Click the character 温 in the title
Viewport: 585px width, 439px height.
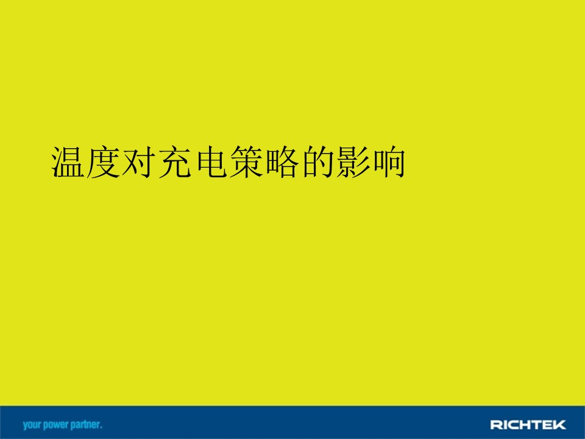[67, 162]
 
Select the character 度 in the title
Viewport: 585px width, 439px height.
[102, 162]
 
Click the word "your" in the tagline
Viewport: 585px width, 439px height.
[32, 425]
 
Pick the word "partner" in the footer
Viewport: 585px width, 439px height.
[85, 424]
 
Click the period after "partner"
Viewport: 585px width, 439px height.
[101, 427]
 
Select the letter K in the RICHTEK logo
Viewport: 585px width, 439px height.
[560, 424]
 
